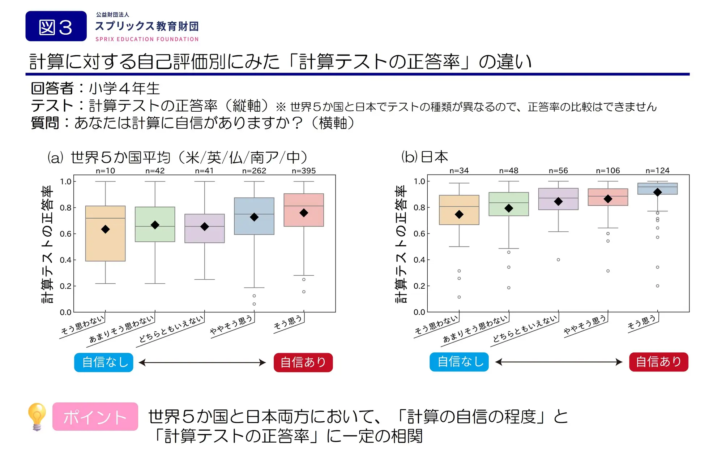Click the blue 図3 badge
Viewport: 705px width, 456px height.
click(56, 26)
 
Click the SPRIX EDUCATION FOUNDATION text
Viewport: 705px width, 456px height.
click(147, 39)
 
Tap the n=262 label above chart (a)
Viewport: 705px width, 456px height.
click(254, 171)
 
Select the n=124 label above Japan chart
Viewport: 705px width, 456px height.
click(657, 170)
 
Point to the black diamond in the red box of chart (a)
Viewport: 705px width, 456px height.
click(304, 213)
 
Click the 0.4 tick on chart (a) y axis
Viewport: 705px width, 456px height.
click(65, 260)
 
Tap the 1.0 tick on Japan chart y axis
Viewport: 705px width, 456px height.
click(419, 181)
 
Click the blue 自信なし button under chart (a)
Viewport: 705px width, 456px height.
click(104, 362)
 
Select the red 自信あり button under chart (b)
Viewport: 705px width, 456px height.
click(658, 362)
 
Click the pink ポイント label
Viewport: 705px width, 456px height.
click(95, 417)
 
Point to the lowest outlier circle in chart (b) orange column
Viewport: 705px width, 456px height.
click(459, 297)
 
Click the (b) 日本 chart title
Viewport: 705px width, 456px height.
click(425, 157)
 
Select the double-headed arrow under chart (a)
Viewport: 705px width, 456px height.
click(202, 362)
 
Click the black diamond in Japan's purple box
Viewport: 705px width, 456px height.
click(558, 201)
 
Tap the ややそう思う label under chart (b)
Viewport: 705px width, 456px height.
click(585, 325)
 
